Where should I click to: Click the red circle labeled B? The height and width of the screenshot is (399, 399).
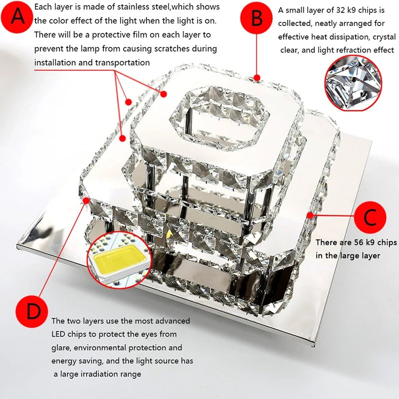pos(256,18)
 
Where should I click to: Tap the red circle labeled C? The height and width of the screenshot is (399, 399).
pos(370,217)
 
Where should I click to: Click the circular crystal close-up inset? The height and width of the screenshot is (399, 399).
pos(353,82)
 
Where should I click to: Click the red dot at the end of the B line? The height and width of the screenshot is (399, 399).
pos(256,77)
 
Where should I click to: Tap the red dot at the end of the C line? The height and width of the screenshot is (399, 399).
pos(310,215)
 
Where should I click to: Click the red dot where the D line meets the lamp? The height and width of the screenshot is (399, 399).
pos(88,200)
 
